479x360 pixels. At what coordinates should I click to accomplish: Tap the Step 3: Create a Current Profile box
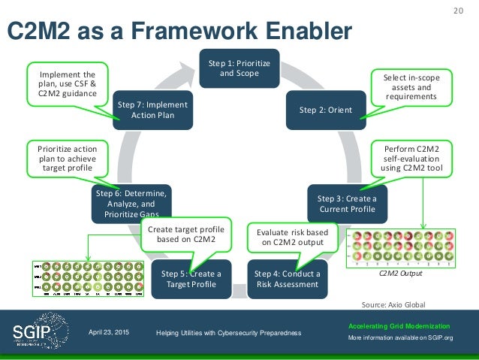point(347,203)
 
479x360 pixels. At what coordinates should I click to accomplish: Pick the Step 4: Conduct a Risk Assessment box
point(287,278)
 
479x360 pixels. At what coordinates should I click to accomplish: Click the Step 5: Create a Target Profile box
point(191,278)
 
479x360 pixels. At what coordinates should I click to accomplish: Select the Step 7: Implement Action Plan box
point(152,109)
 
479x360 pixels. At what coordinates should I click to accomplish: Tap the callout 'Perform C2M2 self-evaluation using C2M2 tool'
point(412,159)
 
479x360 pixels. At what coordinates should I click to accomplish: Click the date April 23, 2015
point(108,332)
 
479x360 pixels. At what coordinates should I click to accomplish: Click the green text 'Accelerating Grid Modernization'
point(399,325)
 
